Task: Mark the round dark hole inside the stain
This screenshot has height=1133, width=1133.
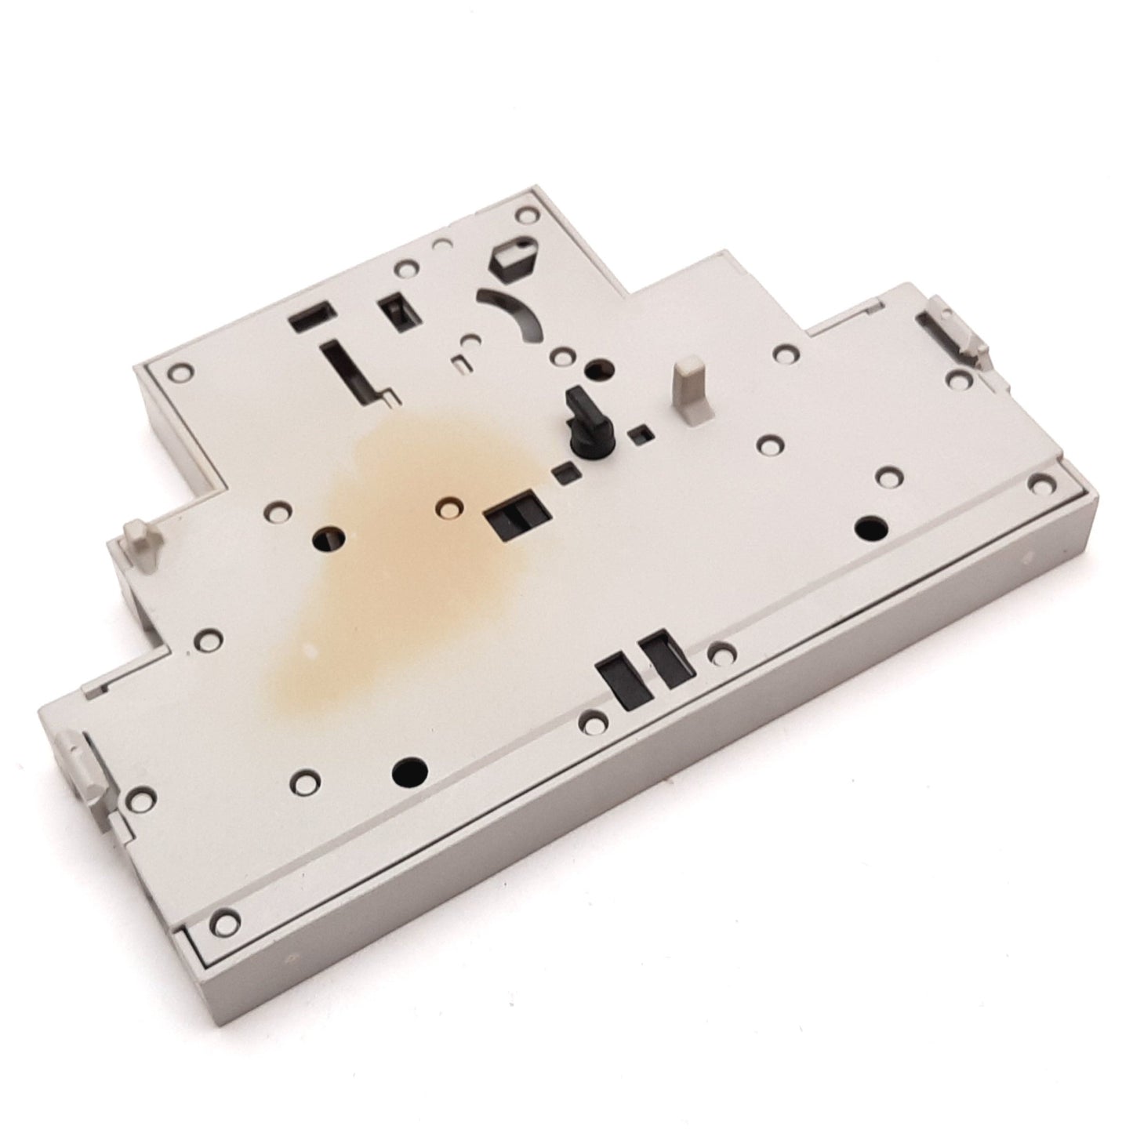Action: (x=329, y=538)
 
